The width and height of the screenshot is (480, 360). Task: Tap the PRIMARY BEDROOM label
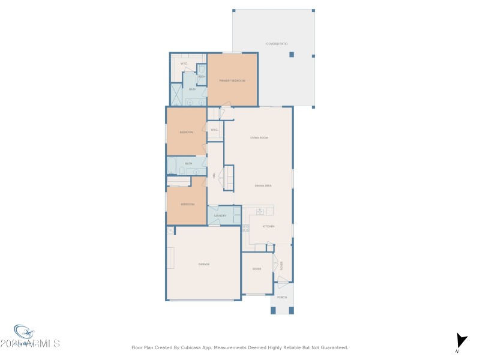coord(232,80)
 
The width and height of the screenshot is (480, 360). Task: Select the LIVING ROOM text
coord(259,138)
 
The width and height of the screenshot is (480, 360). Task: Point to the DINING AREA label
coord(263,186)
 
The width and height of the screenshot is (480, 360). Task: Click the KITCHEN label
coord(268,226)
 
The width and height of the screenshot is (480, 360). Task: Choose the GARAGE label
coord(204,264)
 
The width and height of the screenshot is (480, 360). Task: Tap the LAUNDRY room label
coord(220,215)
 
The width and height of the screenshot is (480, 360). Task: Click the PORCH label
coord(282,298)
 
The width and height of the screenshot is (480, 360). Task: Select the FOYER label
coord(281,266)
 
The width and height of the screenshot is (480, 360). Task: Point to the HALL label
coord(214,175)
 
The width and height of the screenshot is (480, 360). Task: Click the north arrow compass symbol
coord(461,341)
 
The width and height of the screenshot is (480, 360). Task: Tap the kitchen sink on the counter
coord(260,212)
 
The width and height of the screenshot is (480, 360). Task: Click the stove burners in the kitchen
coord(246,228)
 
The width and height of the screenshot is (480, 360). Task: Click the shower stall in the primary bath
coord(176,94)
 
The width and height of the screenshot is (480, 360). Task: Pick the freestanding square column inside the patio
coord(292,55)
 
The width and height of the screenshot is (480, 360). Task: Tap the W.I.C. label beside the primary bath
coord(184,64)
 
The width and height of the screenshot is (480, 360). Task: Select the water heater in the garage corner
coord(170,231)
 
